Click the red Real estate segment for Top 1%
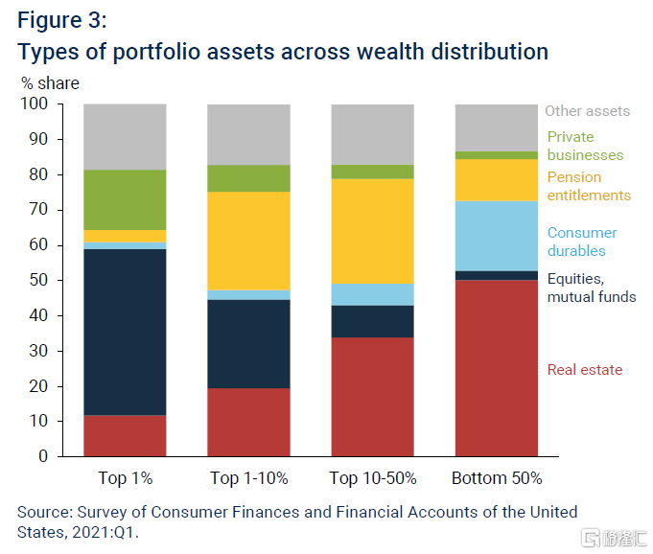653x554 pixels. [125, 435]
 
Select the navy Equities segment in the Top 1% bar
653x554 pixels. [125, 331]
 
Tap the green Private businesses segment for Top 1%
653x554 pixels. [125, 199]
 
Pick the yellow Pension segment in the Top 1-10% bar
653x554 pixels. [249, 241]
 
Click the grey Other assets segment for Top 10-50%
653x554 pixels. [372, 133]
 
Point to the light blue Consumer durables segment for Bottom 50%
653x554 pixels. [496, 235]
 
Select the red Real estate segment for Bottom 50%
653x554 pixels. [496, 367]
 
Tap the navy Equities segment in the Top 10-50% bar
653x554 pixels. [372, 321]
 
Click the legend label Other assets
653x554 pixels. [587, 111]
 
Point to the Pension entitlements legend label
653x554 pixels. [589, 186]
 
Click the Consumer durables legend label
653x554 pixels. [582, 242]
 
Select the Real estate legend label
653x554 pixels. [584, 370]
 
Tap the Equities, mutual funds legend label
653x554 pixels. [591, 288]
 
